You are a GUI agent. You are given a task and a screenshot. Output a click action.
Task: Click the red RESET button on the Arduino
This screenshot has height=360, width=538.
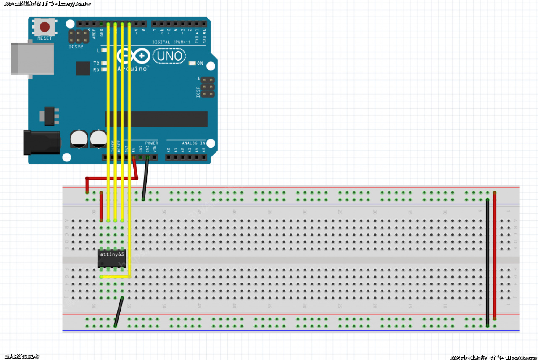tap(45, 27)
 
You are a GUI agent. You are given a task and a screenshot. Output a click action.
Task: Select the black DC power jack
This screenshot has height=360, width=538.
tap(42, 143)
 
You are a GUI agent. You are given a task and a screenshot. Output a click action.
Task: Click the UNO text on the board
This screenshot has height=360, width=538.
tap(169, 56)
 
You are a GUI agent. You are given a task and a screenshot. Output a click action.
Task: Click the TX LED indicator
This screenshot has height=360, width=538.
tap(103, 63)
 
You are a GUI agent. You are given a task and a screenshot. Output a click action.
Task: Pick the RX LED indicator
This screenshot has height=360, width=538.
tap(103, 70)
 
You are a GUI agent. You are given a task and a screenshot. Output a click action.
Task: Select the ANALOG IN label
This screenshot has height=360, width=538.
tap(193, 143)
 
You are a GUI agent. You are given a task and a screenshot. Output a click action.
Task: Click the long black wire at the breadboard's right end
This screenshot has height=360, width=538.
tap(488, 261)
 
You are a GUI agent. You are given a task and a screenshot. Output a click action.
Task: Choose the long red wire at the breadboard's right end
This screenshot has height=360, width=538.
tap(495, 257)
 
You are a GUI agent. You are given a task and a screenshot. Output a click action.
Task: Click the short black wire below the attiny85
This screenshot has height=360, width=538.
tap(119, 312)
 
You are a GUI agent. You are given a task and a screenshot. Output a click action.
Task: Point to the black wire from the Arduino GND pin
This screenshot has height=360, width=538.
tap(145, 178)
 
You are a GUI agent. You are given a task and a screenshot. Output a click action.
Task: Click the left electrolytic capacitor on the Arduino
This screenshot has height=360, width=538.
tap(79, 138)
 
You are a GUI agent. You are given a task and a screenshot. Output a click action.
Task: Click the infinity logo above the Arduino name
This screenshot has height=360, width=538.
tap(133, 56)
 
